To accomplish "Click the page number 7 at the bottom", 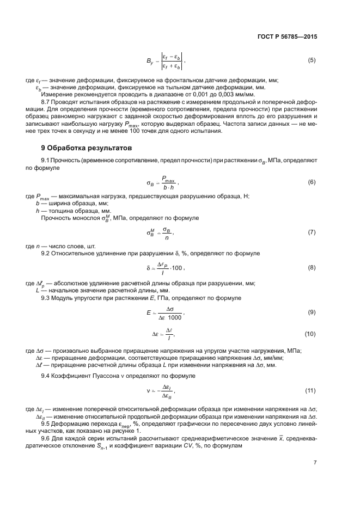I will click(314, 463).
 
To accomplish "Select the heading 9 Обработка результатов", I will click(86, 148).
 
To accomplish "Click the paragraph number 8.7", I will click(46, 102).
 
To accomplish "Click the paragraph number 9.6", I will click(46, 438).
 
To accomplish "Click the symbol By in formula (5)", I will click(148, 60).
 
